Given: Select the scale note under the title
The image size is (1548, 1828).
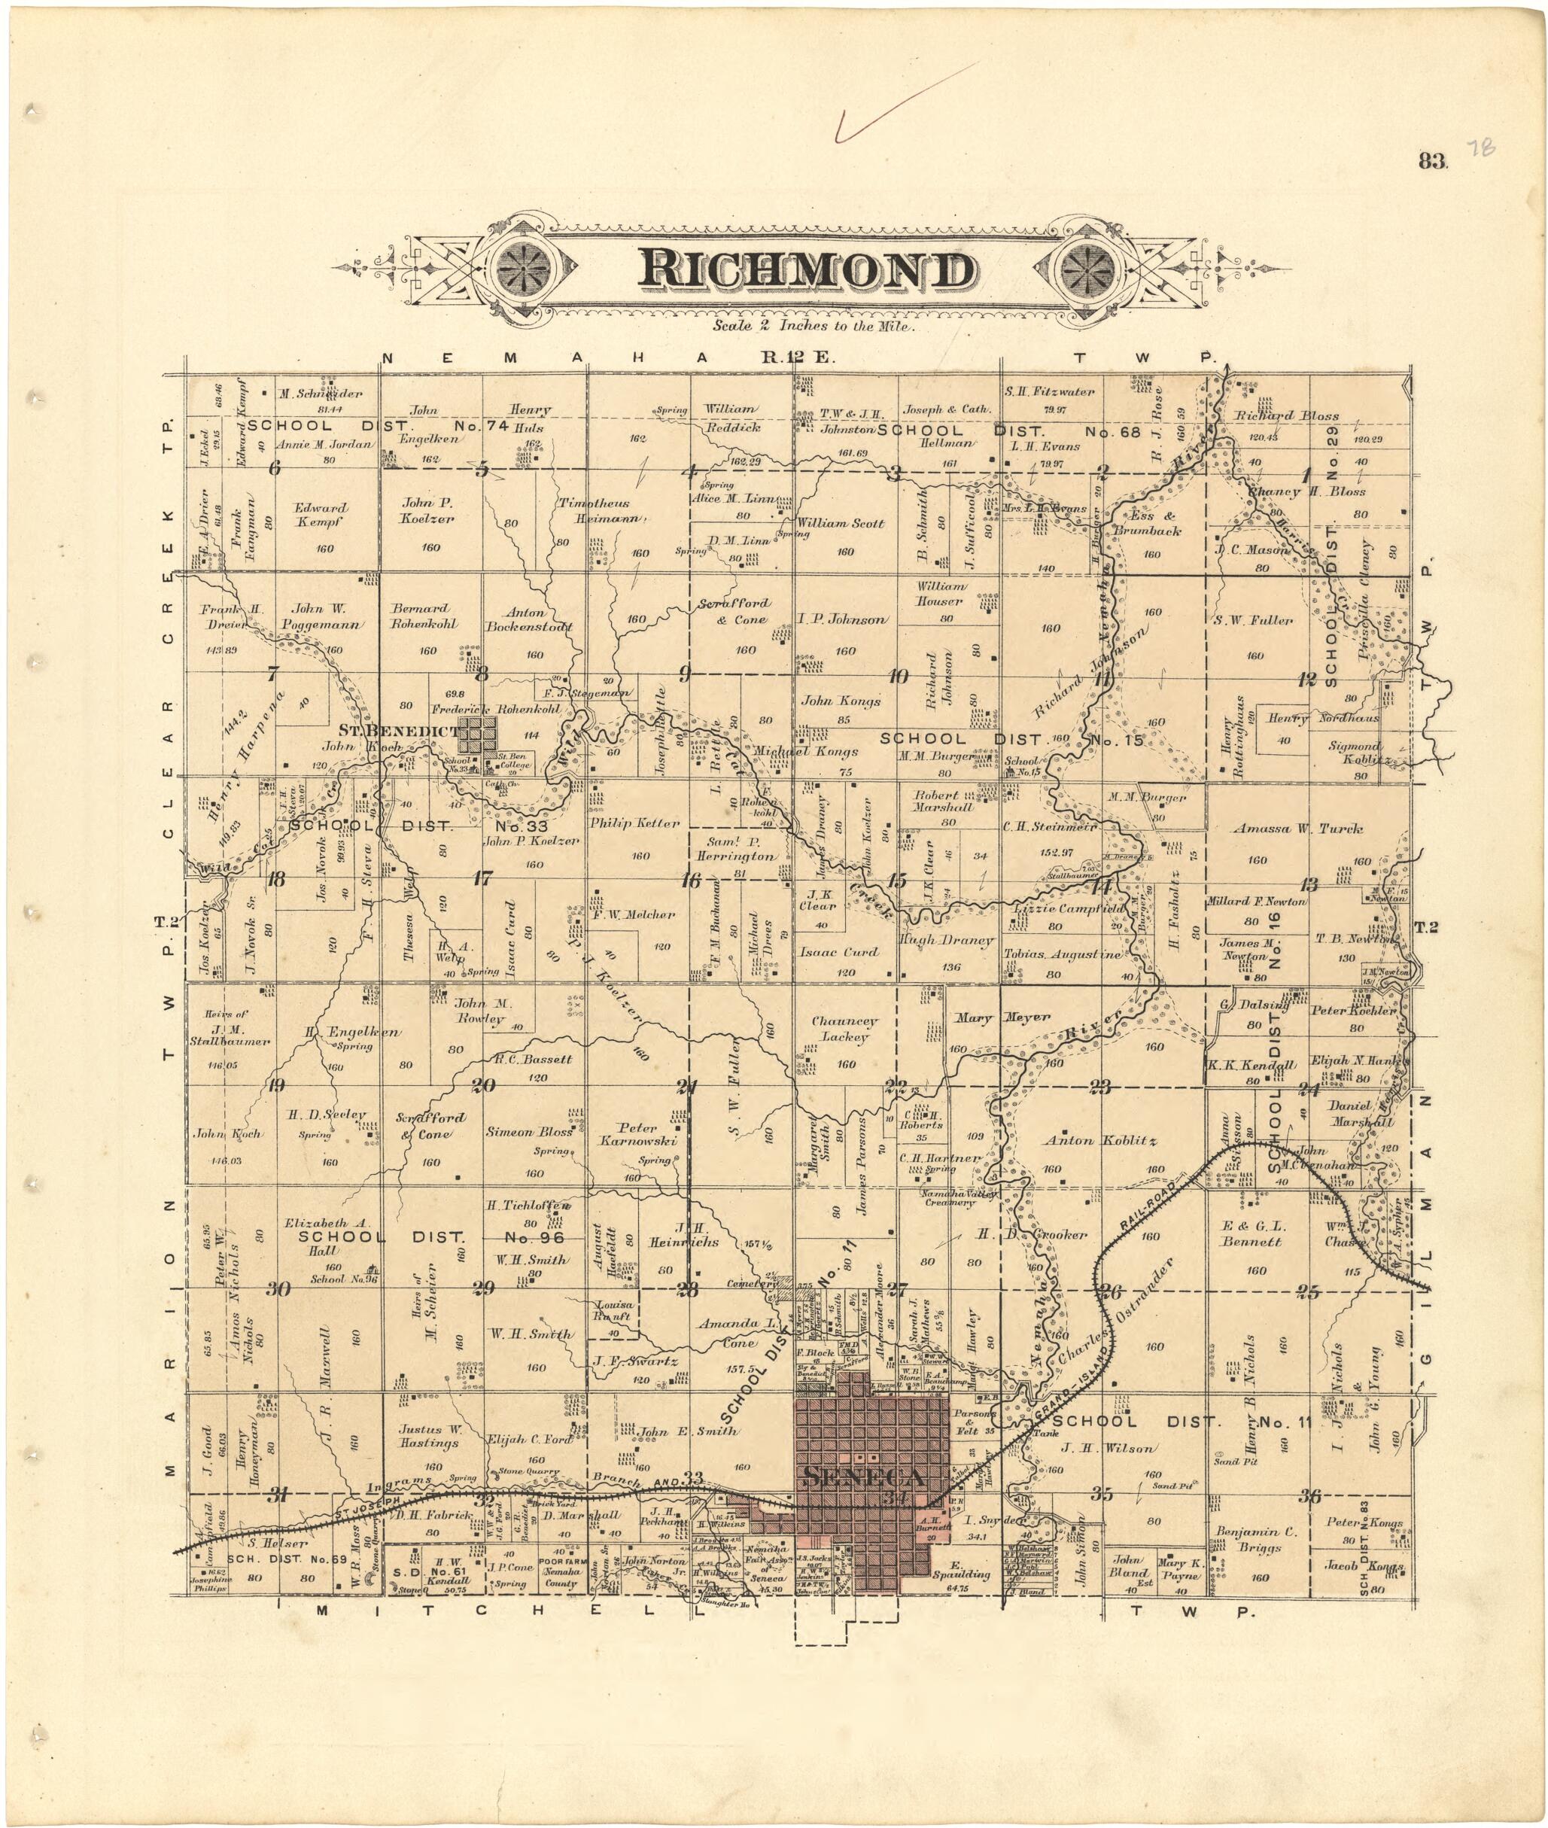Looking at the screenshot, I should click(x=814, y=326).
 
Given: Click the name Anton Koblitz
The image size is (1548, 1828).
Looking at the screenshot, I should click(x=1099, y=1142).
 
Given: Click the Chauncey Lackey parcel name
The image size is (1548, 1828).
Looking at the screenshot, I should click(x=844, y=1030).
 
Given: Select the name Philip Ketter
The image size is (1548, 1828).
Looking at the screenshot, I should click(x=634, y=823).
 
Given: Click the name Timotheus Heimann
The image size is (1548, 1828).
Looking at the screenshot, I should click(x=594, y=511).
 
